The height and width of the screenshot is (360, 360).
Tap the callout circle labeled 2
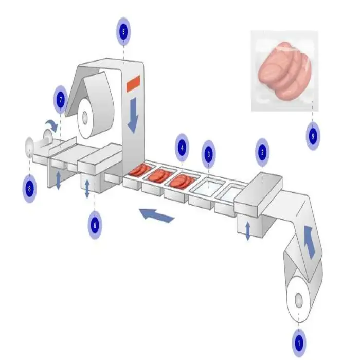pyautogui.click(x=263, y=152)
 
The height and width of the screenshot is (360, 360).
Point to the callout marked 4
pyautogui.click(x=182, y=147)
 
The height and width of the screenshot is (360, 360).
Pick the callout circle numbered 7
pyautogui.click(x=61, y=100)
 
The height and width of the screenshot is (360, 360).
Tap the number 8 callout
pyautogui.click(x=29, y=188)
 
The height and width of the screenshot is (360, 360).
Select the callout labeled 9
pyautogui.click(x=313, y=136)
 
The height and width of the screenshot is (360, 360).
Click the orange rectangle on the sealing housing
pyautogui.click(x=134, y=82)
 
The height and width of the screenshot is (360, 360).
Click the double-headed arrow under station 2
pyautogui.click(x=248, y=230)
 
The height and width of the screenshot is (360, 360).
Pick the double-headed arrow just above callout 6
pyautogui.click(x=87, y=189)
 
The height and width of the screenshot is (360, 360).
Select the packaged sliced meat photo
pyautogui.click(x=284, y=71)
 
